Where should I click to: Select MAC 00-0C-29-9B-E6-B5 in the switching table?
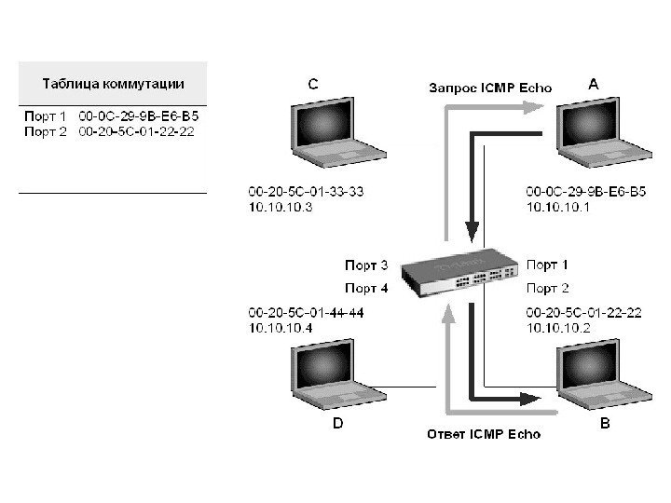point(140,117)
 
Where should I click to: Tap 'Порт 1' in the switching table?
point(45,117)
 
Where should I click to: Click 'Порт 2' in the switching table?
point(45,131)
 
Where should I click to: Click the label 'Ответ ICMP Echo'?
point(483,434)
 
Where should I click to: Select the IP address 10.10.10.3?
point(281,208)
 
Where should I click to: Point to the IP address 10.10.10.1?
point(558,208)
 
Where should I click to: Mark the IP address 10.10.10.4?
point(281,328)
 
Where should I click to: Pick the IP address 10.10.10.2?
point(558,328)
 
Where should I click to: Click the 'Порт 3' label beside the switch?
point(366,265)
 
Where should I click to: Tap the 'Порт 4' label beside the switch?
point(366,289)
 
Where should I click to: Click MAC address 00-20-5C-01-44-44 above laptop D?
point(306,313)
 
